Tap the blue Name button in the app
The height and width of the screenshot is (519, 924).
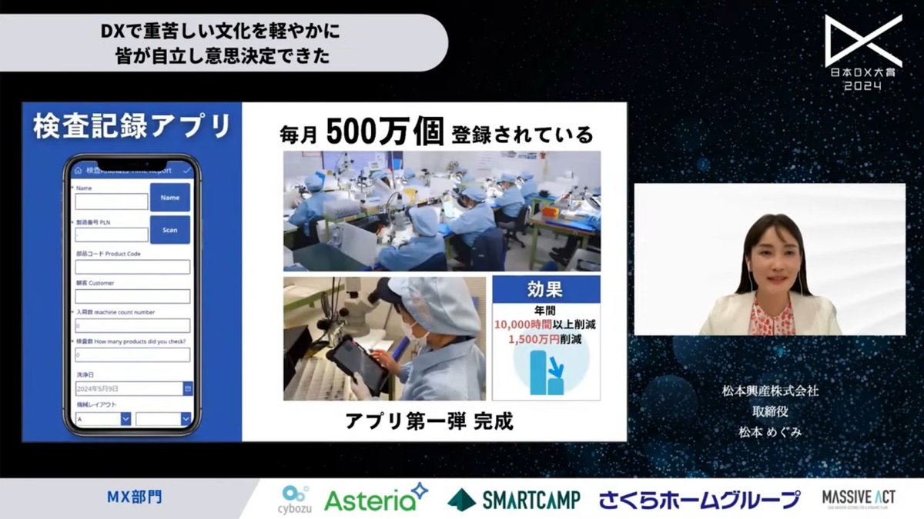point(169,198)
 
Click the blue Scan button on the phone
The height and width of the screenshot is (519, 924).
point(169,230)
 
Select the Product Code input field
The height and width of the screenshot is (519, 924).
point(132,267)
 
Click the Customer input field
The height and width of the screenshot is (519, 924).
point(132,296)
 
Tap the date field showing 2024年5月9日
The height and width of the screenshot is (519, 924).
point(128,389)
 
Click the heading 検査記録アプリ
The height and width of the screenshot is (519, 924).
point(132,127)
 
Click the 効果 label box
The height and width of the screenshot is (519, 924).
point(547,291)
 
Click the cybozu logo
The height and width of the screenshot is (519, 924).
point(295,498)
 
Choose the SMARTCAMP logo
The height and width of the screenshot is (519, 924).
point(514,499)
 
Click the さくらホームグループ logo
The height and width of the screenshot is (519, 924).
point(699,499)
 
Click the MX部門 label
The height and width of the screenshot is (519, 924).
point(135,497)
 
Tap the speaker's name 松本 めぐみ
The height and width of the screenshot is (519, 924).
point(770,432)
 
